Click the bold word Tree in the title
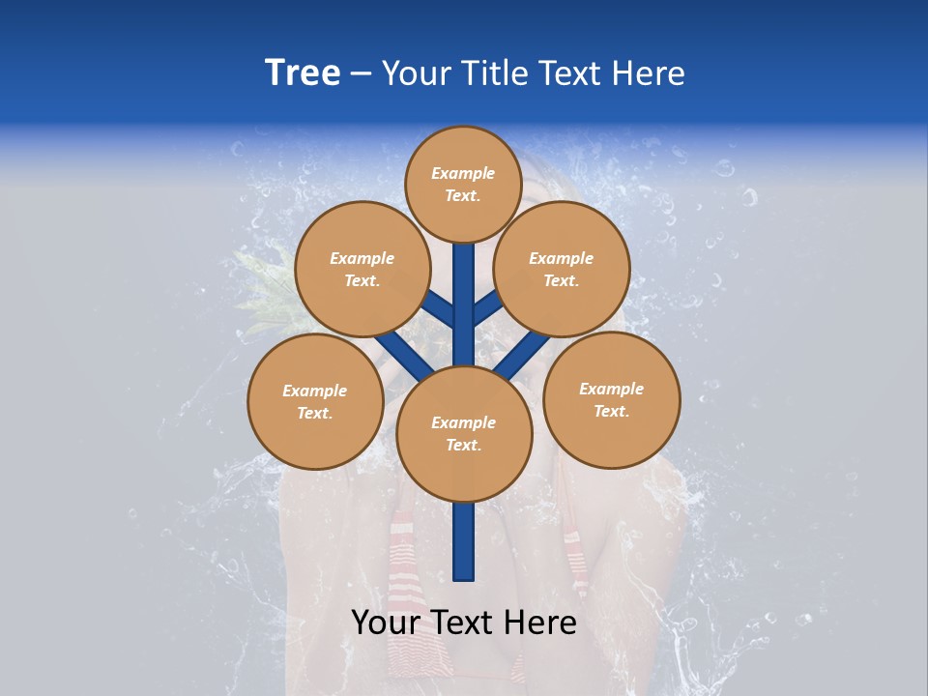pyautogui.click(x=303, y=73)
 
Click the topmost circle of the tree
pyautogui.click(x=463, y=184)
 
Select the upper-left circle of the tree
pyautogui.click(x=362, y=269)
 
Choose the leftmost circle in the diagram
pyautogui.click(x=315, y=401)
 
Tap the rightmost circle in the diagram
pyautogui.click(x=611, y=399)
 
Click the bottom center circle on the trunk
pyautogui.click(x=464, y=434)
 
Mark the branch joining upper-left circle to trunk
pyautogui.click(x=440, y=311)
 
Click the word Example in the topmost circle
pyautogui.click(x=463, y=173)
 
